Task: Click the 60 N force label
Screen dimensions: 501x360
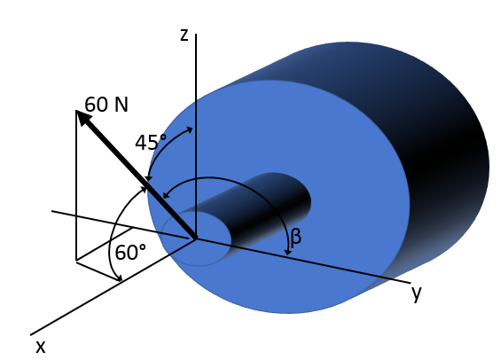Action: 106,105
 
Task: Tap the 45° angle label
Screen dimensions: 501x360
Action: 151,142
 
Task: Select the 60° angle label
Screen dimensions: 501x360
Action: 130,253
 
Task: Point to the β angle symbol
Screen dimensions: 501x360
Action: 296,236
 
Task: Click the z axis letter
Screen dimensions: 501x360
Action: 184,35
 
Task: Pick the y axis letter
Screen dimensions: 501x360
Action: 416,293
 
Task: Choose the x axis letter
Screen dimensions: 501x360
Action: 40,346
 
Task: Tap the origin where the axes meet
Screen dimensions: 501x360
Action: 196,239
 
